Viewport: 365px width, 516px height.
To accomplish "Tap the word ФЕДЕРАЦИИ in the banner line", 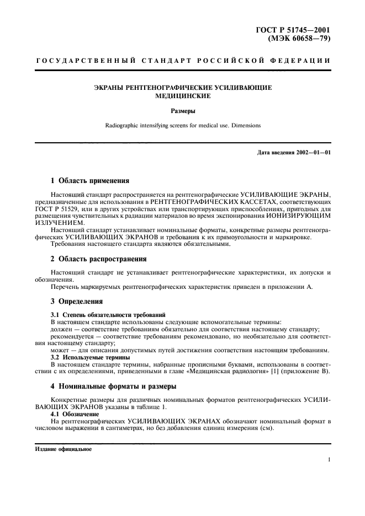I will pos(303,60).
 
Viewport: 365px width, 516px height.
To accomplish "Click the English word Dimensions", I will pos(243,126).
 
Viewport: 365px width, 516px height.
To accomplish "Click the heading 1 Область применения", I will pos(90,180).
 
